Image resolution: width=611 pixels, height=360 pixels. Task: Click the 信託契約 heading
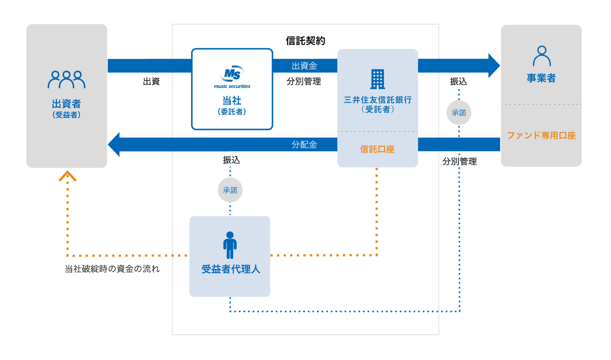(x=305, y=41)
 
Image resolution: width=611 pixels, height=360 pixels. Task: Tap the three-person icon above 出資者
(x=66, y=80)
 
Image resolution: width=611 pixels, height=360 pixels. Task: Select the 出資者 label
(x=66, y=104)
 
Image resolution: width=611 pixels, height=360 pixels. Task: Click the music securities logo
(x=232, y=77)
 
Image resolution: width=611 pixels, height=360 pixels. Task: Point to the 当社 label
(x=232, y=101)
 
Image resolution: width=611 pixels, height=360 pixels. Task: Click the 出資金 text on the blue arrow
(x=304, y=66)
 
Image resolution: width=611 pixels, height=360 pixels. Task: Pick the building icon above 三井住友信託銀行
(x=377, y=79)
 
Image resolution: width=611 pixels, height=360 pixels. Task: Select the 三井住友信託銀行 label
(x=377, y=100)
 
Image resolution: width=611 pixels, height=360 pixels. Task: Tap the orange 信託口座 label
(x=377, y=149)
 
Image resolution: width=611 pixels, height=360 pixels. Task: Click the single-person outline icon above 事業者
(x=542, y=56)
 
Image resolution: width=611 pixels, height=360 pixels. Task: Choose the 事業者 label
(x=541, y=78)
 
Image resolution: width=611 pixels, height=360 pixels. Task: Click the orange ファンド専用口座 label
(x=541, y=135)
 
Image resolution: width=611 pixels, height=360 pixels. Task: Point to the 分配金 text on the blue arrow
(x=304, y=145)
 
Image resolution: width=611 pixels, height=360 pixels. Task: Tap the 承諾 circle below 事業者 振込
(x=459, y=113)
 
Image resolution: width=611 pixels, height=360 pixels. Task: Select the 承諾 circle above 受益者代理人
(x=230, y=190)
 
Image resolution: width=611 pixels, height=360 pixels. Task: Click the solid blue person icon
(x=230, y=245)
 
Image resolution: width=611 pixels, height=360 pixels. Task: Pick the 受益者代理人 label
(x=231, y=269)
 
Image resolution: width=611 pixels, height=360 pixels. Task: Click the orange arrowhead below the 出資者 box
(x=68, y=176)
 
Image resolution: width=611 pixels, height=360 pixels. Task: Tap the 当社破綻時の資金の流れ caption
(x=112, y=269)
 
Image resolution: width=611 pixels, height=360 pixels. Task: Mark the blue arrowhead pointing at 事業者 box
(x=494, y=66)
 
